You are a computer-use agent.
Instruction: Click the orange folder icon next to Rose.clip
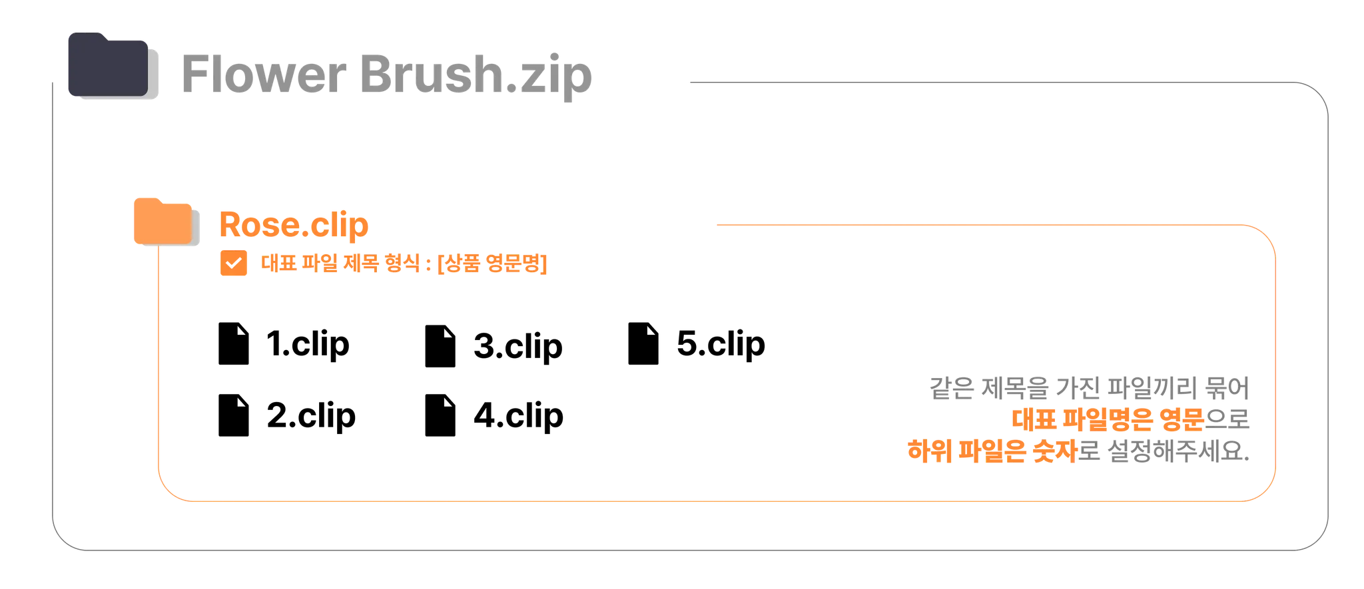click(161, 221)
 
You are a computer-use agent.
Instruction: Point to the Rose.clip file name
click(293, 224)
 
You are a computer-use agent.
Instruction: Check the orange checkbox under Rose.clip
click(233, 264)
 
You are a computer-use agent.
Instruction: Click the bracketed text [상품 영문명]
click(494, 265)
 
